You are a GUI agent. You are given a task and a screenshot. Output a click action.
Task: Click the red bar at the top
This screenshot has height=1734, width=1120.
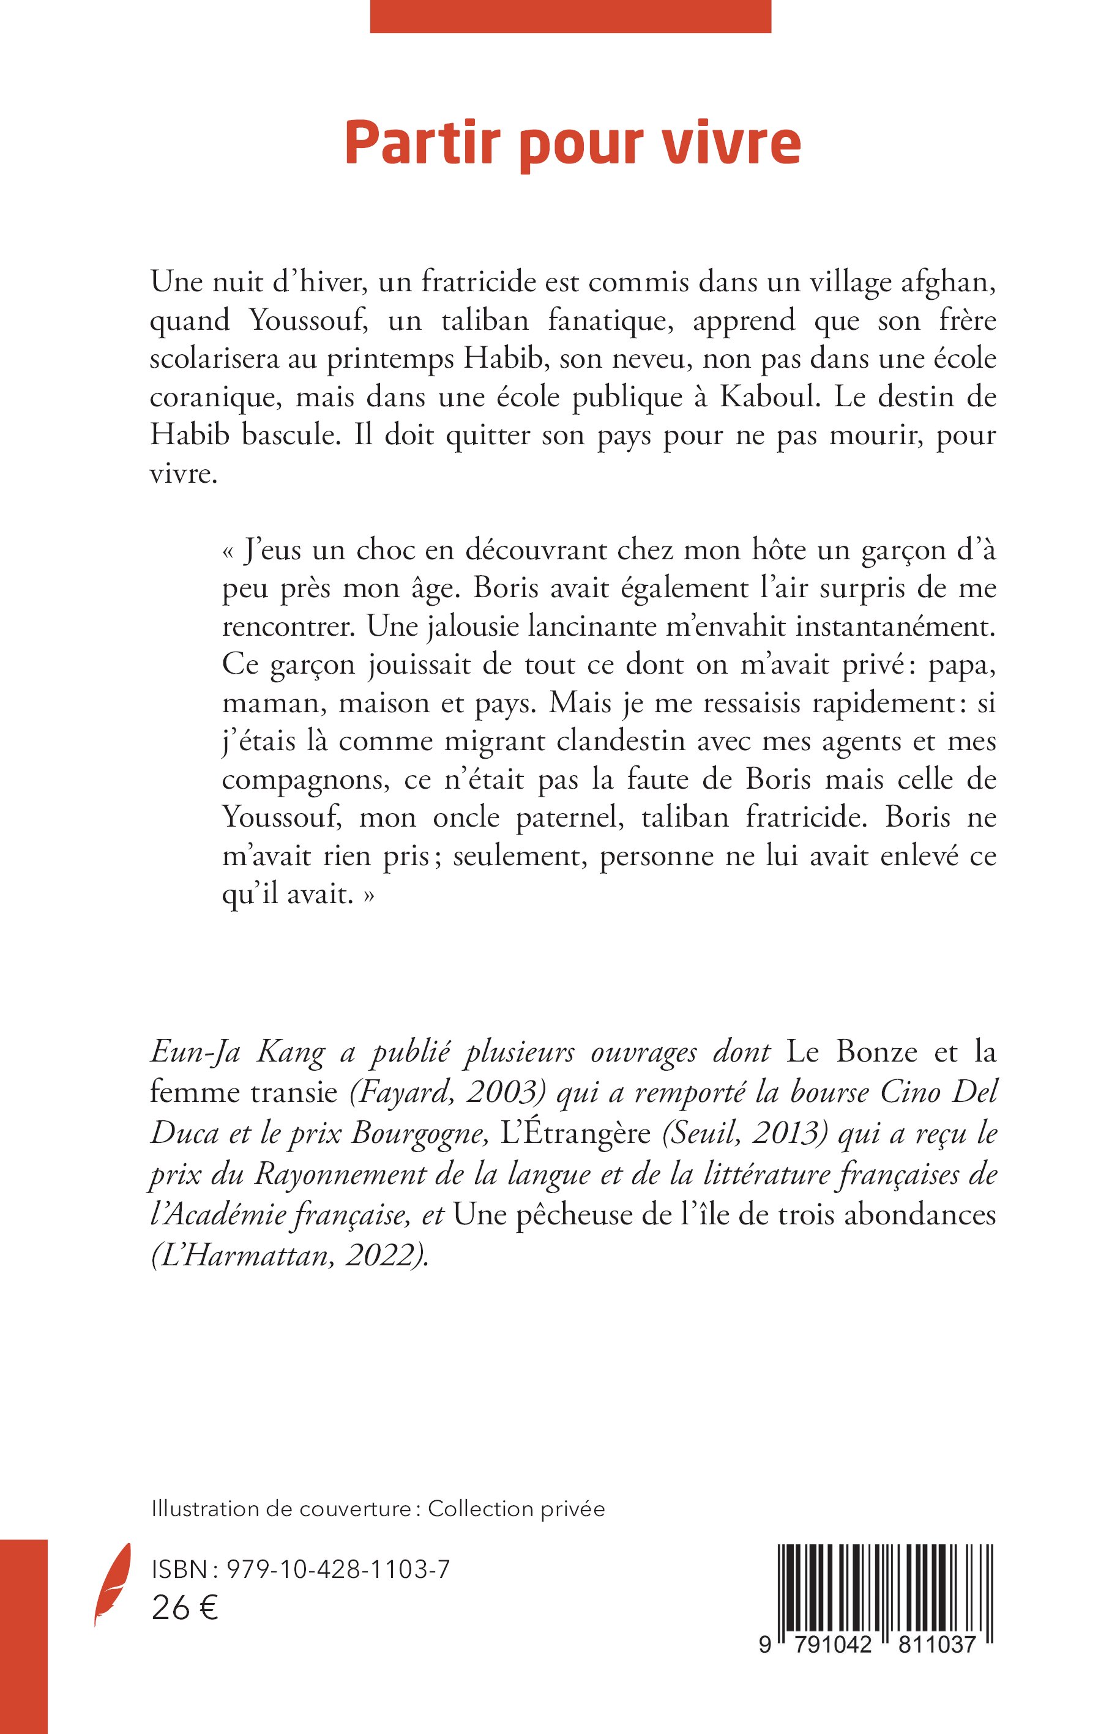[570, 16]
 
